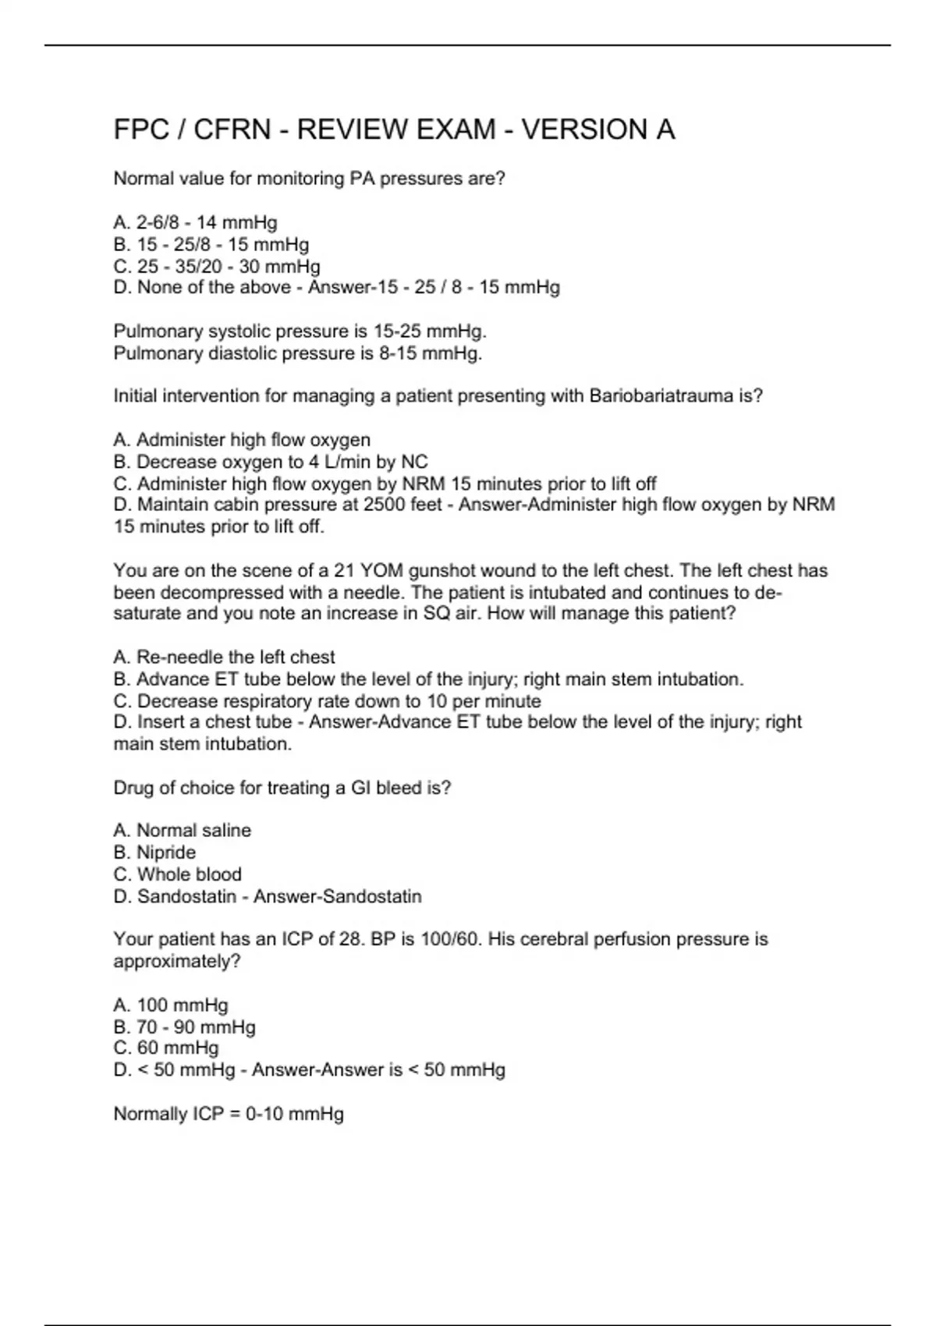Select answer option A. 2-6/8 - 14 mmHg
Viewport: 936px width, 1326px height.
[x=195, y=223]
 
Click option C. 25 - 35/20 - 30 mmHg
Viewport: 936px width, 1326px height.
[x=217, y=267]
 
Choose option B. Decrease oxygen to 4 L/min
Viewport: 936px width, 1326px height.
[x=271, y=462]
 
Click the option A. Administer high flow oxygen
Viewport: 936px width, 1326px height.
[x=242, y=440]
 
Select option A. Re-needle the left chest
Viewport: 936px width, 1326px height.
[x=224, y=658]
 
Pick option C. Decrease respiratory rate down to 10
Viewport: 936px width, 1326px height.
[x=327, y=701]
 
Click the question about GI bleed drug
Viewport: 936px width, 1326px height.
[x=282, y=788]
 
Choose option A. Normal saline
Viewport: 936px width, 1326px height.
[x=183, y=831]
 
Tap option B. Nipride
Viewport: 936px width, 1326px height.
[x=154, y=853]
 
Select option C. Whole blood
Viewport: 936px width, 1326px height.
[x=178, y=874]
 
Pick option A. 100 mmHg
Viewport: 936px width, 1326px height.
[x=171, y=1005]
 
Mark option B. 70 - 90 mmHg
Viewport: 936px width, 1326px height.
[x=185, y=1027]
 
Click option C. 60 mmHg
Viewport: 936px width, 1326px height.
[x=166, y=1048]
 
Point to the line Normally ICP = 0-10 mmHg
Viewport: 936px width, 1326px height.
[x=229, y=1114]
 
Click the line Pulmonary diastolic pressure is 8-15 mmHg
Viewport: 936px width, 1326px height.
[x=298, y=354]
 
